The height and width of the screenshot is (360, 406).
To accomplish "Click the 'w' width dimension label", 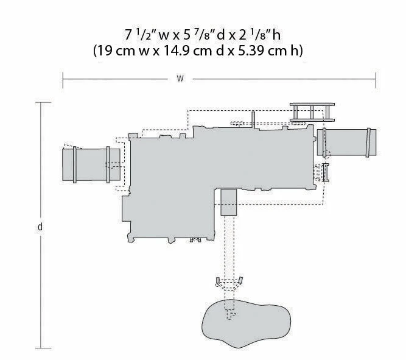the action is pos(180,79).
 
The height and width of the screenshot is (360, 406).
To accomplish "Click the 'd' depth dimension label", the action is pos(40,227).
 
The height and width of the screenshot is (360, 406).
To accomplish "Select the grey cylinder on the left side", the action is pos(91,164).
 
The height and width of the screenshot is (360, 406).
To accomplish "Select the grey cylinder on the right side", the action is pos(347,143).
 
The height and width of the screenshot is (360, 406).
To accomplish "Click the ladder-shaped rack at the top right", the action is pos(312,112).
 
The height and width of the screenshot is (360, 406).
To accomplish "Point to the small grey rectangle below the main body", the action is pos(229,202).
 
